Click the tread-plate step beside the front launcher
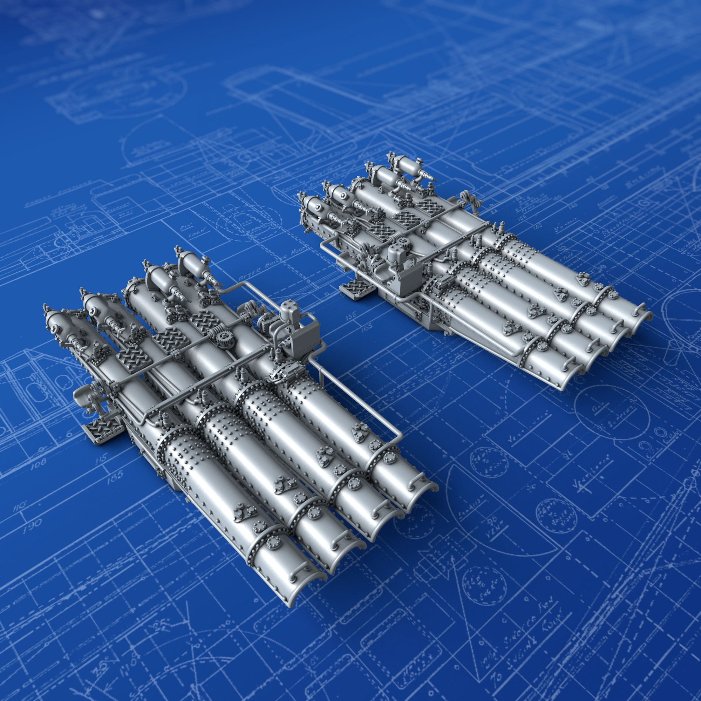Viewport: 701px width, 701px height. [x=101, y=430]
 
